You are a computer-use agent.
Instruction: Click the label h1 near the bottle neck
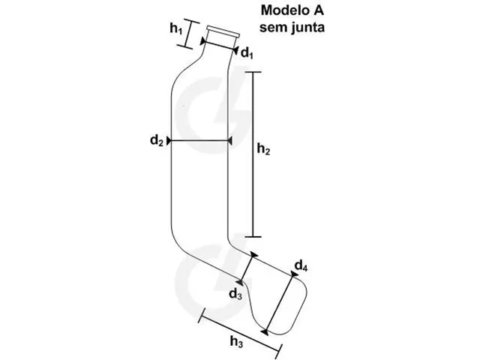pos(176,28)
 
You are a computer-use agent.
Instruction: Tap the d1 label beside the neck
pos(247,53)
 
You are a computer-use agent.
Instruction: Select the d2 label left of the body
pos(157,140)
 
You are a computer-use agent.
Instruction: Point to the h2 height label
pos(263,149)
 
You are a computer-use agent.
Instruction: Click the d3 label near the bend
pos(235,294)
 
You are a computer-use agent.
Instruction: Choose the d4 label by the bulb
pos(301,265)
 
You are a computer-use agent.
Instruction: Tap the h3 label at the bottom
pos(236,341)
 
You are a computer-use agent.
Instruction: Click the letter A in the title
pos(318,10)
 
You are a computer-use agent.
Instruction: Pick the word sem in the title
pos(273,28)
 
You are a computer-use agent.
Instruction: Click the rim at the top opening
pos(223,31)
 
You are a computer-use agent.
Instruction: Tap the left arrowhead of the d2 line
pos(169,141)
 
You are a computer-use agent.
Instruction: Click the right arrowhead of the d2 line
pos(229,141)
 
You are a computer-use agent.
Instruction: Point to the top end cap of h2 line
pos(253,72)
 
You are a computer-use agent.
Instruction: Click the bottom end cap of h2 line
pos(253,237)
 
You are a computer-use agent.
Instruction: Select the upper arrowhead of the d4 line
pos(294,274)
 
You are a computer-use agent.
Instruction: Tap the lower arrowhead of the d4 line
pos(265,331)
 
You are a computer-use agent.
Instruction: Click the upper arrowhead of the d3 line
pos(253,255)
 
